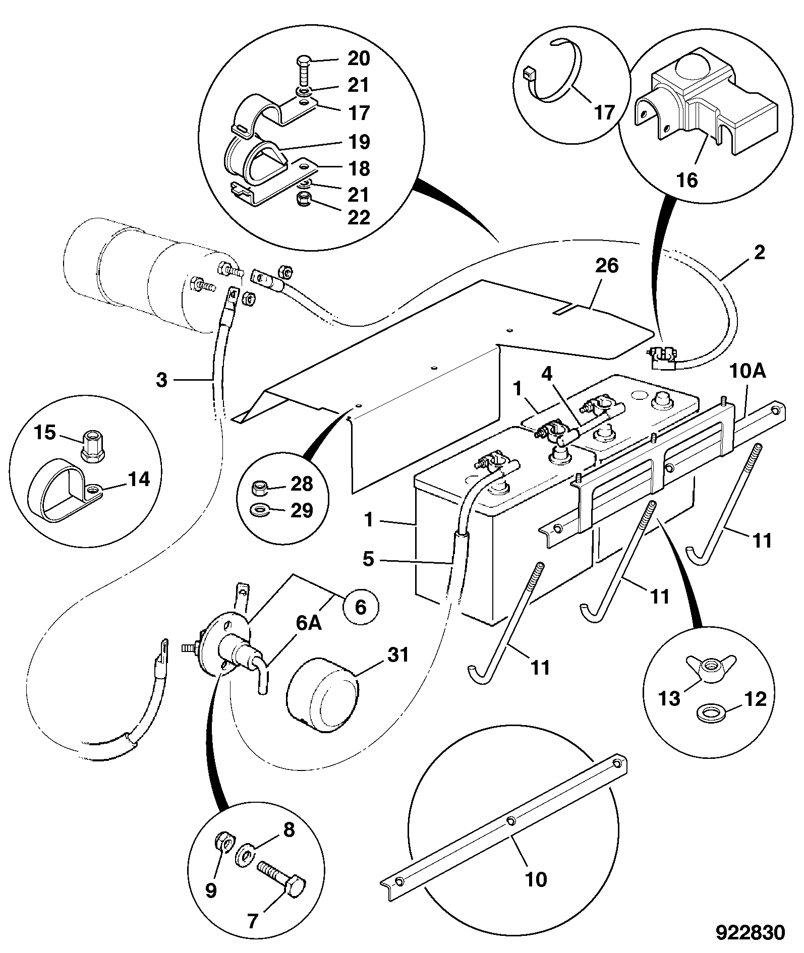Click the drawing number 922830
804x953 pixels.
tap(751, 932)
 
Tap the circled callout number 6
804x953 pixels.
tap(361, 607)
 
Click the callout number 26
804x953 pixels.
tap(606, 265)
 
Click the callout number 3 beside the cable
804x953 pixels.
tap(161, 380)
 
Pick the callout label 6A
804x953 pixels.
tap(308, 623)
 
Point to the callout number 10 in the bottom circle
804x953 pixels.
tap(536, 879)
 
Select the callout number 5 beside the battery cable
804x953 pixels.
tap(369, 559)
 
